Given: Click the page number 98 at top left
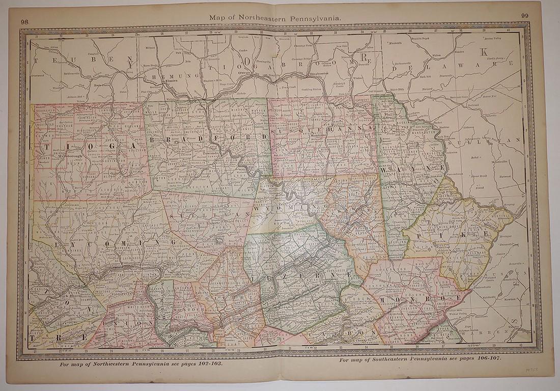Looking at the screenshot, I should (x=24, y=21).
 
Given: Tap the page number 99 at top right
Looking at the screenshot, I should (x=525, y=16).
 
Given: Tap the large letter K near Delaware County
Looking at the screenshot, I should (x=484, y=51).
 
